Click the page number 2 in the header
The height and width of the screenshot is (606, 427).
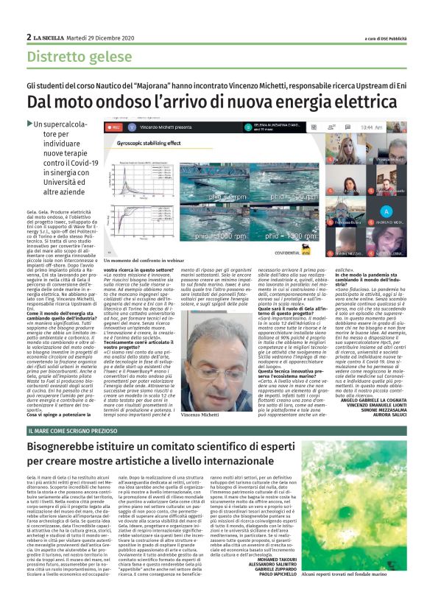(29, 37)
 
